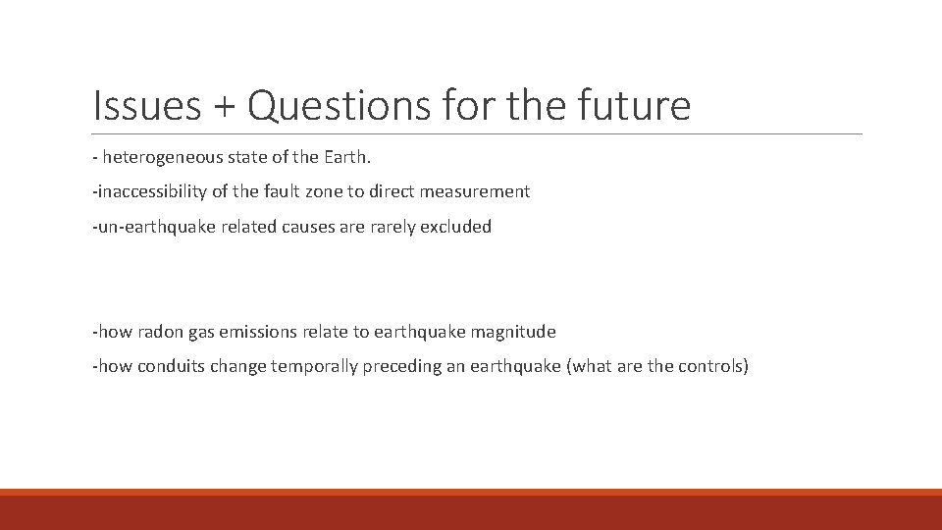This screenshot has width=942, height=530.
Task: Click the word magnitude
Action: coord(513,332)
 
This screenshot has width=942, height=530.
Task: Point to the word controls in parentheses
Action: coord(713,367)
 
